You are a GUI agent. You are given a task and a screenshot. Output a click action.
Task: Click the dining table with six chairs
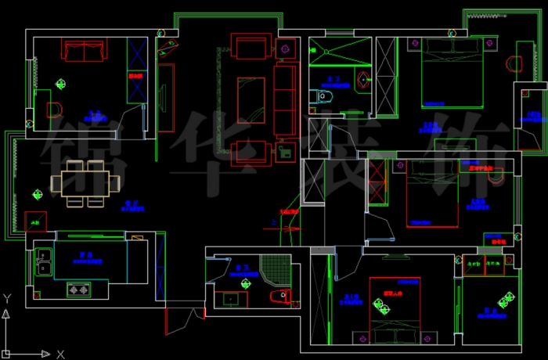tap(85, 183)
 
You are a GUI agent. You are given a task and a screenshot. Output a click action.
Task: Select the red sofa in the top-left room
tap(85, 51)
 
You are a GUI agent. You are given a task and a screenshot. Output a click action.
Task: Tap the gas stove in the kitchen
tap(78, 290)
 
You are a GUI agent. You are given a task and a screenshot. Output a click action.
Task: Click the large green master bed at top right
tap(452, 72)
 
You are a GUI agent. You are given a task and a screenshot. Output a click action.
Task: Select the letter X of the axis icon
tap(60, 355)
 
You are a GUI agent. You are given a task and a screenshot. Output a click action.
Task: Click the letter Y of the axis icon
tap(6, 298)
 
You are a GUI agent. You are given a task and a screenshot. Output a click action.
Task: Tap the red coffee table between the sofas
tap(251, 99)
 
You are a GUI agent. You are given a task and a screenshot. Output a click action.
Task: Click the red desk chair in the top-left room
tap(55, 110)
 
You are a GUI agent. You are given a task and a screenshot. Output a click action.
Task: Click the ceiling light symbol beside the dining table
tap(37, 194)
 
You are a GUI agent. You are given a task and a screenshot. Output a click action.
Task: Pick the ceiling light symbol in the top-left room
tap(60, 84)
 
